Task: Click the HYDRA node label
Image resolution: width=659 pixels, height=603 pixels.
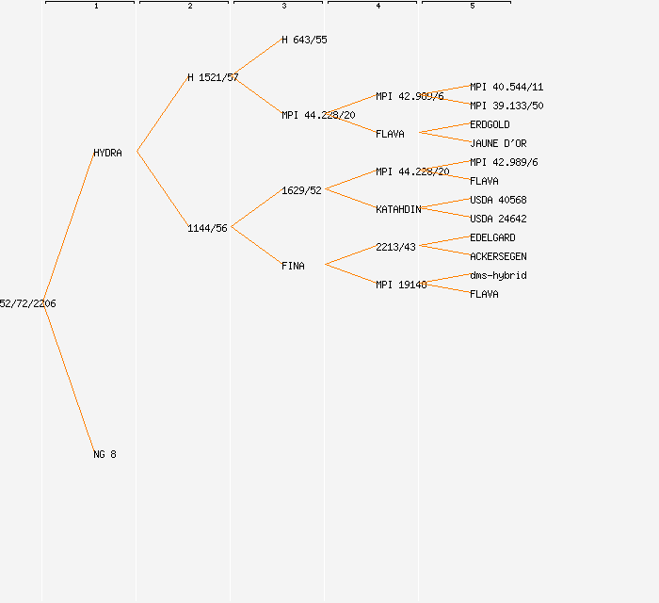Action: point(107,153)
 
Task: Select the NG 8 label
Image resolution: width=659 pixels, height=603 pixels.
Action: point(104,454)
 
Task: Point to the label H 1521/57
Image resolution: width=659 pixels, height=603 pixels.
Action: point(213,77)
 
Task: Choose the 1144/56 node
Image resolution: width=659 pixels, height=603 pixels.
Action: point(207,228)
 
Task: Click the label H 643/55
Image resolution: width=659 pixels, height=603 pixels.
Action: point(304,40)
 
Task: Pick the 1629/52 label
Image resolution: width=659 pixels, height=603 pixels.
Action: point(301,190)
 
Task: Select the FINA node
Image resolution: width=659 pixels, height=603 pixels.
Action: point(293,266)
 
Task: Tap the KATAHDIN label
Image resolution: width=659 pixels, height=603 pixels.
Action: point(398,209)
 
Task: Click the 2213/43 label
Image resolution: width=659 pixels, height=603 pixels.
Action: point(395,247)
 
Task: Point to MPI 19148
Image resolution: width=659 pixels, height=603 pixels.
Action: point(401,285)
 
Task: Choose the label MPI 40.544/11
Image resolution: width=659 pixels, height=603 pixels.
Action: point(506,87)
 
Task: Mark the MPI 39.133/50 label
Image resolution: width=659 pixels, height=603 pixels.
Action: point(506,106)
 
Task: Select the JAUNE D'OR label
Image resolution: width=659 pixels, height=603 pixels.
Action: point(498,143)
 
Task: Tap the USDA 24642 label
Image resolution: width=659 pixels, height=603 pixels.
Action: point(498,219)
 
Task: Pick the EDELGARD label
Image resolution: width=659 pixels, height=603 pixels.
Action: point(492,237)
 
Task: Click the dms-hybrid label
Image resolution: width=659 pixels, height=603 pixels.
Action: point(498,275)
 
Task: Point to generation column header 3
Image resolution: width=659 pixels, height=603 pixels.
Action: point(283,7)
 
